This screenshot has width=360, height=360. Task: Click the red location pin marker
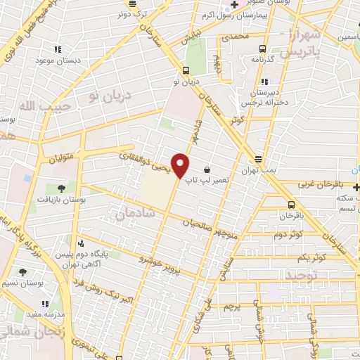pos(181,165)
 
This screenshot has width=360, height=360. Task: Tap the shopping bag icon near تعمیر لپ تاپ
pos(208,169)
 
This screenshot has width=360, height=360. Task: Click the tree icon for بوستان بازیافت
pos(62,188)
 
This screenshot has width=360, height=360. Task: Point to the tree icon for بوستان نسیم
pos(22,271)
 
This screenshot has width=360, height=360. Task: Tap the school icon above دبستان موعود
pos(58,49)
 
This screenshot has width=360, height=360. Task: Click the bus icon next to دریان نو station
pos(186,70)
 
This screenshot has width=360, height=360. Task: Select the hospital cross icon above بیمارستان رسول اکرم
pos(234,5)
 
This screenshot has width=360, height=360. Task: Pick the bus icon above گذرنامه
pos(262,49)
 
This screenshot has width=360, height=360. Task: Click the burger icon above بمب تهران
pos(259,159)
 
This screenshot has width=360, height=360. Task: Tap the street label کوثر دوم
pos(288,234)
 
